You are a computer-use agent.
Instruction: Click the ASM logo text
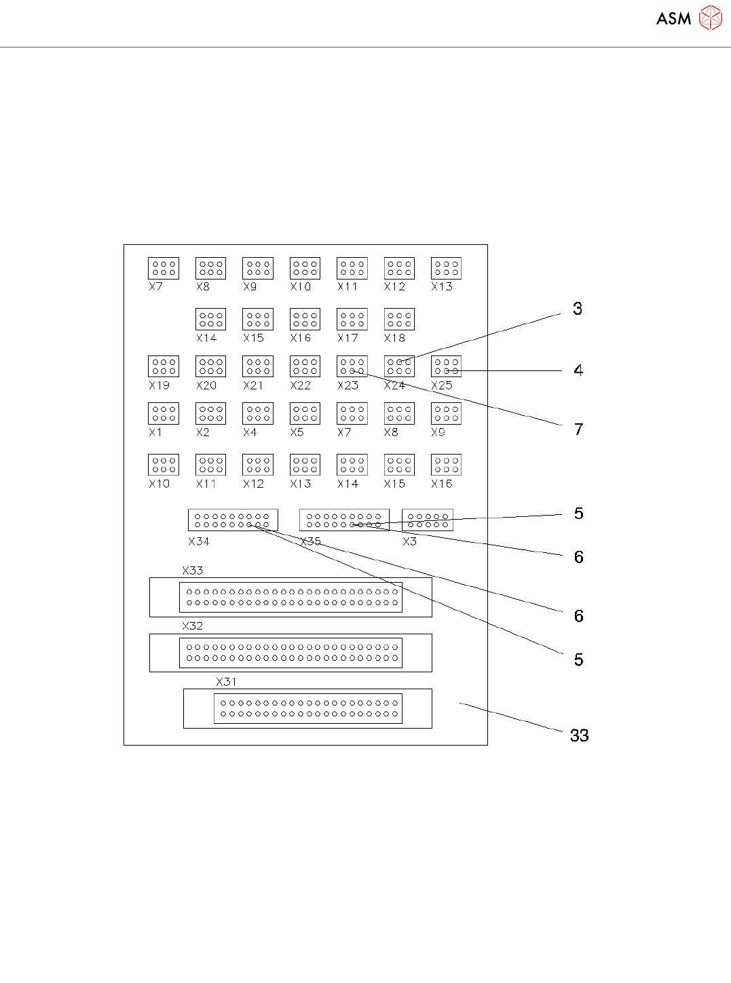pos(673,19)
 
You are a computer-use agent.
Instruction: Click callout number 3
pos(578,309)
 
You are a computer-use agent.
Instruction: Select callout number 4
pos(578,370)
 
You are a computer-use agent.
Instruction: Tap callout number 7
pos(578,429)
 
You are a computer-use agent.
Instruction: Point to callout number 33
pos(579,735)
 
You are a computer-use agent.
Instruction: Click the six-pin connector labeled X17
pos(352,319)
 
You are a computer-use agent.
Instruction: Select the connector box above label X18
pos(399,319)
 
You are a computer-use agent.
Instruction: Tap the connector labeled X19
pos(164,366)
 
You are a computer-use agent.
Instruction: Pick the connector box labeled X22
pos(305,366)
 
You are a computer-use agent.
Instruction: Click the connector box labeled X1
pos(164,413)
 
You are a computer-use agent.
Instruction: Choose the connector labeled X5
pos(305,413)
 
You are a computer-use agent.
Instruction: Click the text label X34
pos(199,541)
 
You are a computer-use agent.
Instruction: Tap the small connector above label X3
pos(428,520)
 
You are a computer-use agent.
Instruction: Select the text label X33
pos(192,571)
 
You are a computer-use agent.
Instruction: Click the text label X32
pos(192,625)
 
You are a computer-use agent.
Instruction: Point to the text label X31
pos(226,682)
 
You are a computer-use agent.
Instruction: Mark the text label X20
pos(206,385)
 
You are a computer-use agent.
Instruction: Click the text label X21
pos(253,385)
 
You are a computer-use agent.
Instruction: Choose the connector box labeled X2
pos(210,413)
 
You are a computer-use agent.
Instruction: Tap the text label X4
pos(250,432)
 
